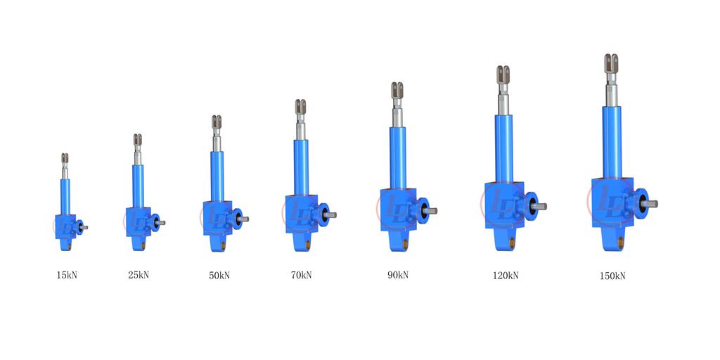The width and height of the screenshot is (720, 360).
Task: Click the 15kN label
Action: click(67, 276)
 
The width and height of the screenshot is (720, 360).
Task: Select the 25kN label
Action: click(139, 275)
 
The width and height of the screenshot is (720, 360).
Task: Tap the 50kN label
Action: click(219, 276)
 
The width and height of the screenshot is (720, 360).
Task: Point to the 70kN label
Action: click(301, 275)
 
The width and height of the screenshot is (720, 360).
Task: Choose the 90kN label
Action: click(398, 275)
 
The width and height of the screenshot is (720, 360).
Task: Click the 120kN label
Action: click(506, 276)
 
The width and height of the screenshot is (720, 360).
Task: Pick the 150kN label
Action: click(612, 276)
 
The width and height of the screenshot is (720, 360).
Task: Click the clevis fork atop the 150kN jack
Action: click(611, 63)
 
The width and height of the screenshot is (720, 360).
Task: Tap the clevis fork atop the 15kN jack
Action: click(65, 158)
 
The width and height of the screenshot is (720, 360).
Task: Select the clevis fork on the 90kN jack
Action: click(397, 89)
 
